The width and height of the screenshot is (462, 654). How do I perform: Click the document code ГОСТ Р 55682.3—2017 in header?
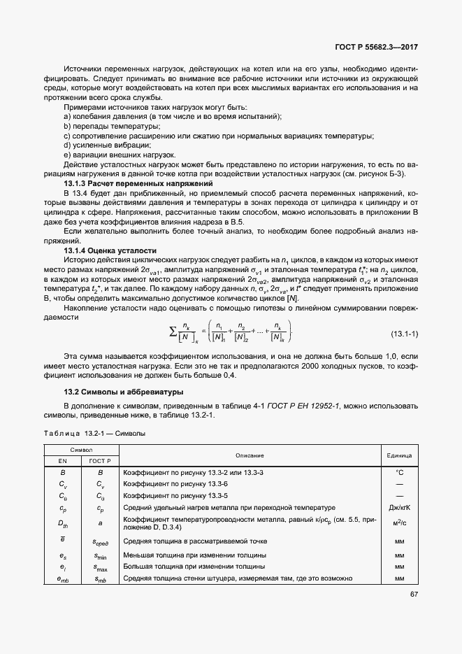378,48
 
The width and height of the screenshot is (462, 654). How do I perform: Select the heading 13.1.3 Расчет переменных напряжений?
117,183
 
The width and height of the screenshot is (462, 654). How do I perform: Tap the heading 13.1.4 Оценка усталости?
110,250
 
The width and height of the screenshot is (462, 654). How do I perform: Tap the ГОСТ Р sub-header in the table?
101,461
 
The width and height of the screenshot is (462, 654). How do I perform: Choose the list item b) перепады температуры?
102,126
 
